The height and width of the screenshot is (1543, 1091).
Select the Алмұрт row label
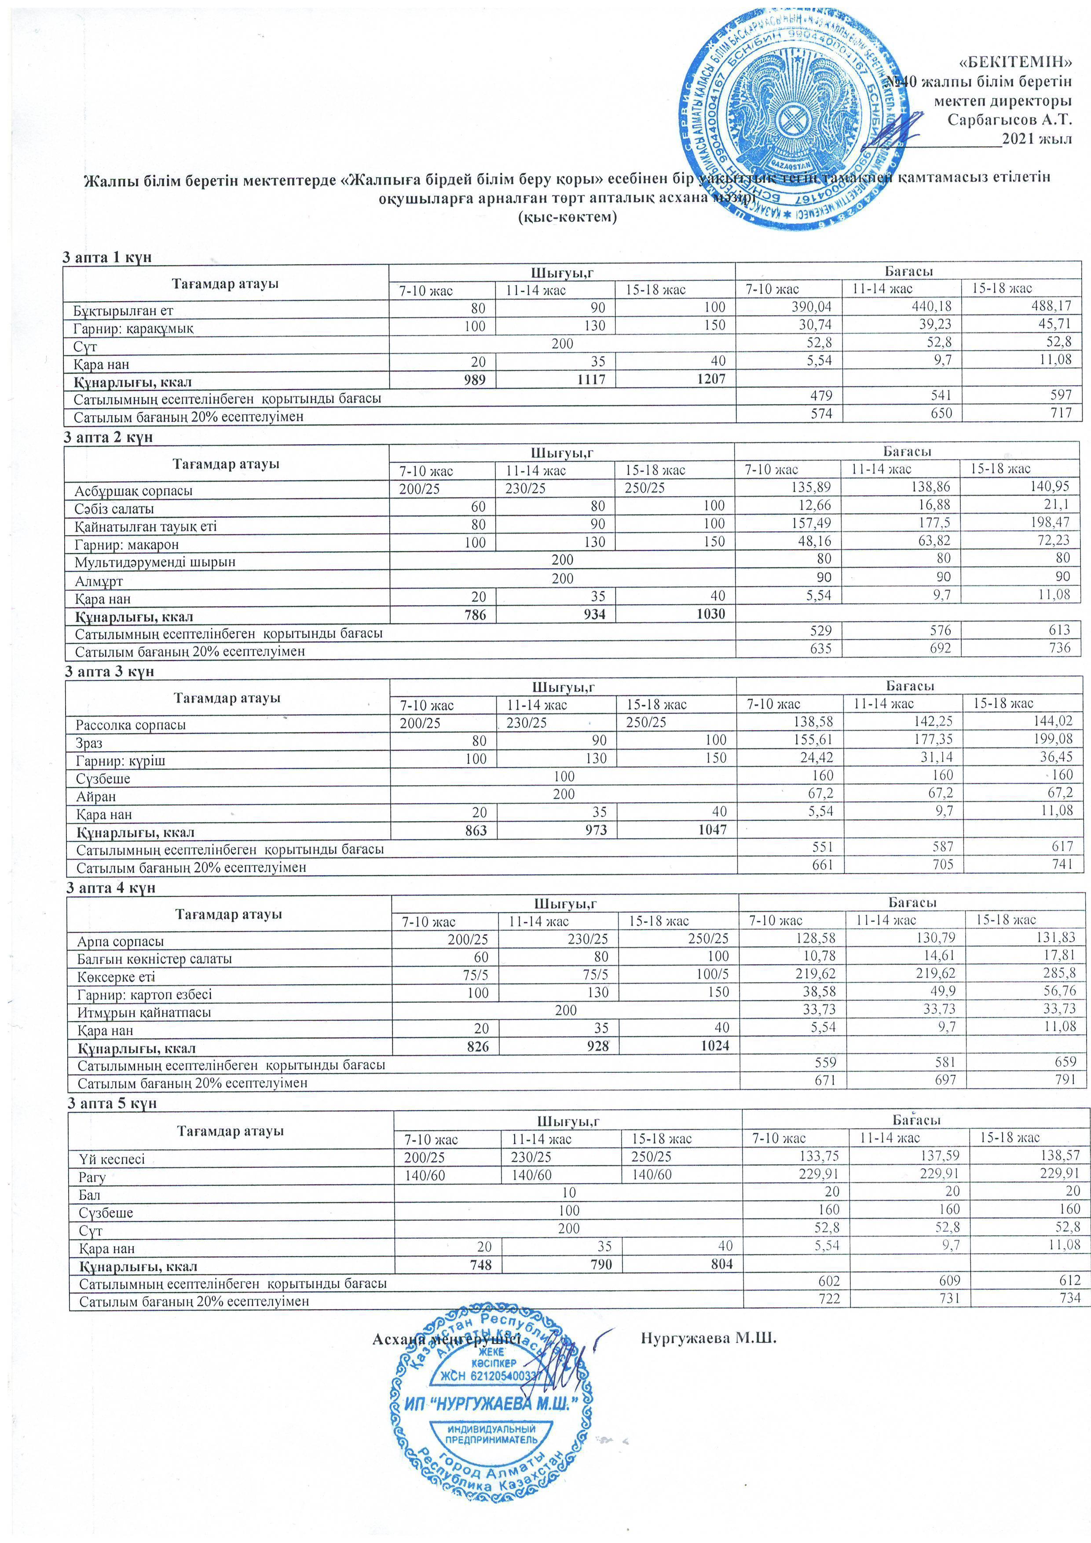click(99, 581)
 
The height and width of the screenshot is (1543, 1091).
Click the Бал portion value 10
click(569, 1192)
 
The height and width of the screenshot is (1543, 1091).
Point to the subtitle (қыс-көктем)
click(567, 218)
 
